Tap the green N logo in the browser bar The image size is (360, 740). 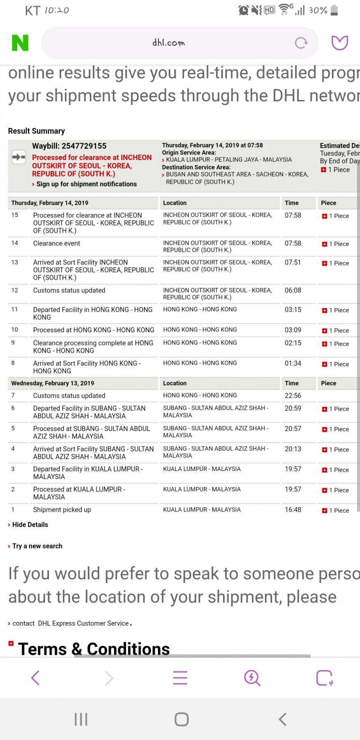tap(20, 43)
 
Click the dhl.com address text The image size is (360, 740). tap(169, 43)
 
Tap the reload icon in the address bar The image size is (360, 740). tap(301, 43)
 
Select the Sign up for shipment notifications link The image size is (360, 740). tap(86, 184)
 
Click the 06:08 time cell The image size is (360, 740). tap(293, 290)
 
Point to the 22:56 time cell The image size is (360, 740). tap(293, 396)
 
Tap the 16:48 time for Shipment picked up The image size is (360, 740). tap(293, 510)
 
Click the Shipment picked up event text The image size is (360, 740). tap(62, 510)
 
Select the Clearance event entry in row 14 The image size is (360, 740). tap(57, 244)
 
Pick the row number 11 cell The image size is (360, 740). tap(15, 309)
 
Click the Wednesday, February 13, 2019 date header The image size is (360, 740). tap(53, 383)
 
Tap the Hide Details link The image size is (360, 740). tap(30, 525)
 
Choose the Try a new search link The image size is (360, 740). tap(37, 546)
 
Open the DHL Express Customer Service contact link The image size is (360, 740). tap(83, 624)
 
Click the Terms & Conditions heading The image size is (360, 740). tap(94, 649)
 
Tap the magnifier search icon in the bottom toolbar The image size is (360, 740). tap(252, 678)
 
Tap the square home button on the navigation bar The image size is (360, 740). tap(181, 719)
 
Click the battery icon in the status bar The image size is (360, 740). tap(334, 10)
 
